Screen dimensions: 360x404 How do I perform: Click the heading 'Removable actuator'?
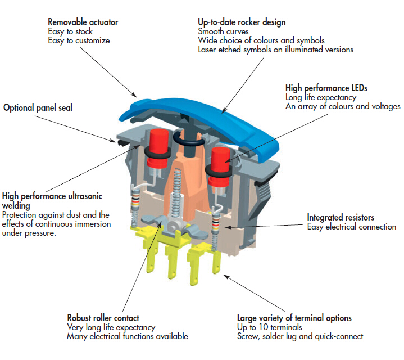coord(83,22)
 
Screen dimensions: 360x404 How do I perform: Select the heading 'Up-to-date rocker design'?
coord(238,22)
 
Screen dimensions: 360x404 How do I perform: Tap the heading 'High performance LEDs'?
coord(326,88)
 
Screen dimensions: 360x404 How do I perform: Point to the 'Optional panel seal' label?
coord(39,107)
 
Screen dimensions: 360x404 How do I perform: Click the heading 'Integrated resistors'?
coord(341,217)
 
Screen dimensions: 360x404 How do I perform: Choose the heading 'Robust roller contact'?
coord(103,318)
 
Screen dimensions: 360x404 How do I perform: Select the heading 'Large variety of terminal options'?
coord(294,318)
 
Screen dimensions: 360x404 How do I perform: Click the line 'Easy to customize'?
coord(79,40)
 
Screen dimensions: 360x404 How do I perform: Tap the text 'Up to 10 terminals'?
coord(269,327)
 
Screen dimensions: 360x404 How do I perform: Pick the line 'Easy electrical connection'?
coord(351,227)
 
